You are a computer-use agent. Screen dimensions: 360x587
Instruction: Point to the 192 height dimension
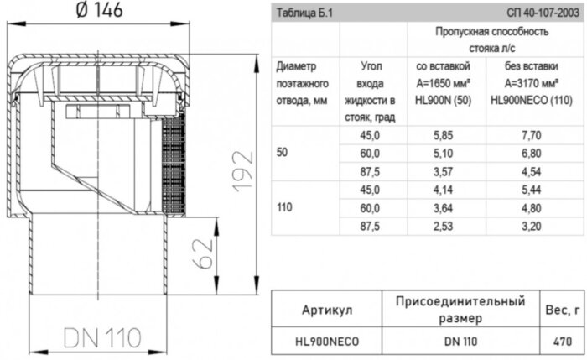241,173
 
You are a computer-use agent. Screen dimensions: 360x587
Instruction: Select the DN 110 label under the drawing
100,337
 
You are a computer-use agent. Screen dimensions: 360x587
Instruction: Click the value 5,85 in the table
442,134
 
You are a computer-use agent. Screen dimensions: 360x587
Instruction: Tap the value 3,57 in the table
442,171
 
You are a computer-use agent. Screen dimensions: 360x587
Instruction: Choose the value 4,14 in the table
442,190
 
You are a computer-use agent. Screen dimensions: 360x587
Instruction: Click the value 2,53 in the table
442,227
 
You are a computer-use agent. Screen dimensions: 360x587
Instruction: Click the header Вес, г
564,310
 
